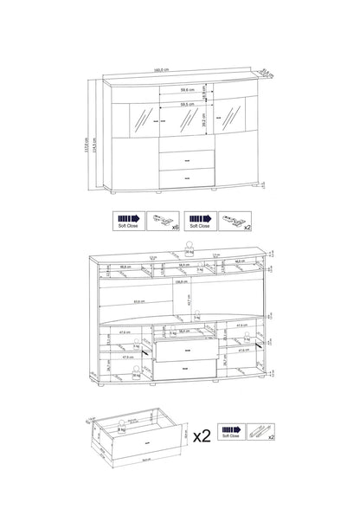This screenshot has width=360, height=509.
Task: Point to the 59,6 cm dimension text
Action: point(180,90)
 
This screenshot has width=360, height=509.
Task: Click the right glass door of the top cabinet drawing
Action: point(228,122)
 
